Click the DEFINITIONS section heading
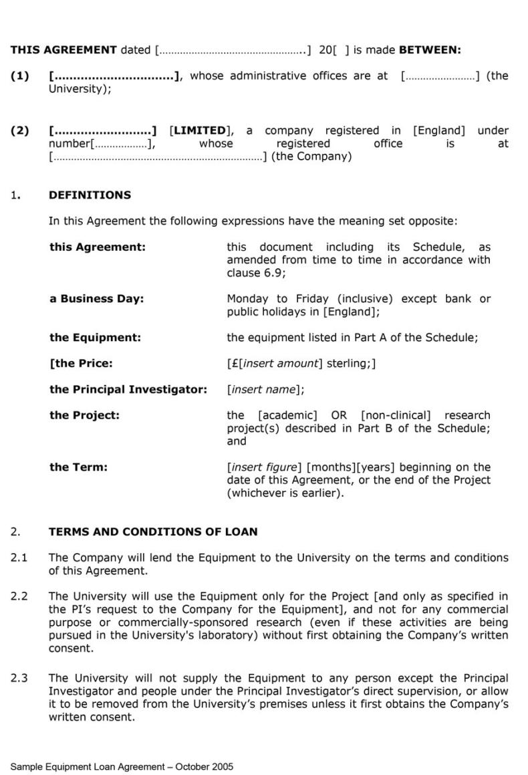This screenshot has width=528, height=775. pos(90,195)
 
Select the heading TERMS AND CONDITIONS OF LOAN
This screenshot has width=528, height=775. pos(153,532)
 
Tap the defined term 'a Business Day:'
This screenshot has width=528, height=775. pos(96,299)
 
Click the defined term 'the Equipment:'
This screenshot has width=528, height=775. pos(95,338)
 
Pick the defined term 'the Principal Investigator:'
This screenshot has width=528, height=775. pos(128,389)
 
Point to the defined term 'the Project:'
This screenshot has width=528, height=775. pos(84,415)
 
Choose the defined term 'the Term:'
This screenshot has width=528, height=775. pos(78,467)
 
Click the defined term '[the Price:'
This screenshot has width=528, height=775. pos(81,364)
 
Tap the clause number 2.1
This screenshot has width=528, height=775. pos(19,558)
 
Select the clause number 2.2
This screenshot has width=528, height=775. pos(19,596)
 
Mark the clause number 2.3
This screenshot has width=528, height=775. pos(19,678)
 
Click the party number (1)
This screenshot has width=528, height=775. pos(20,76)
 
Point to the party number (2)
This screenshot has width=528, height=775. pos(20,131)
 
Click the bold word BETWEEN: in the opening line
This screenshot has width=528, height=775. pos(430,50)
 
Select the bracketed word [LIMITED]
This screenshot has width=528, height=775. pos(199,131)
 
